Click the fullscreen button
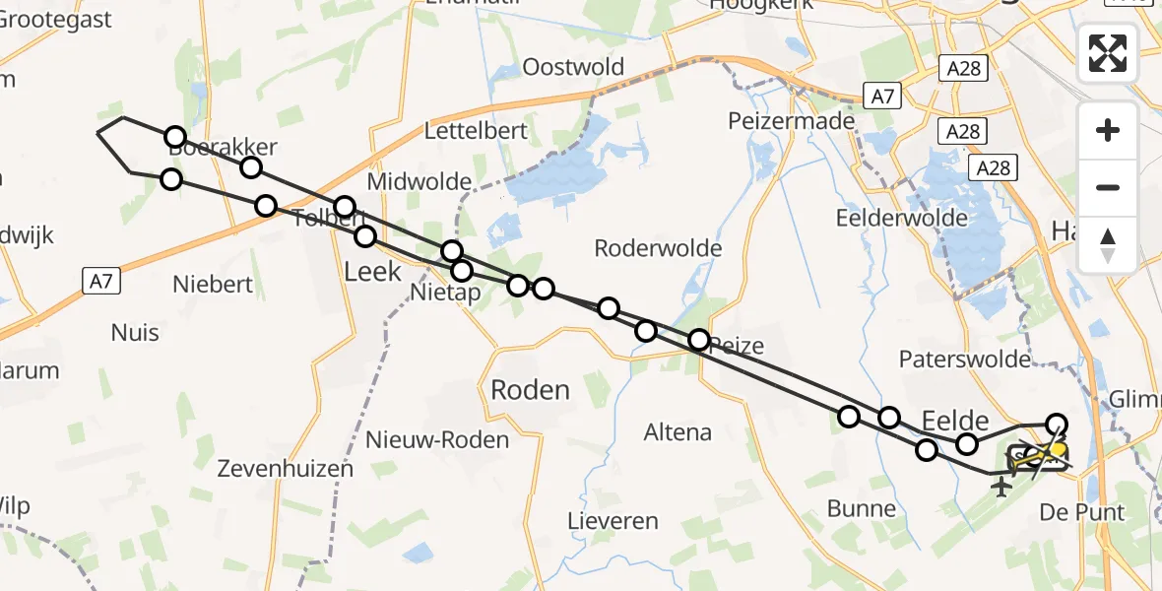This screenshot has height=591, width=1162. pyautogui.click(x=1108, y=52)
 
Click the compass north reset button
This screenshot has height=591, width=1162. pyautogui.click(x=1108, y=244)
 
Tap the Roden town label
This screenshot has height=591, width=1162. pyautogui.click(x=530, y=390)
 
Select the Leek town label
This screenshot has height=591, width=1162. pyautogui.click(x=372, y=271)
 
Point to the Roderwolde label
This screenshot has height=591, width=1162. pyautogui.click(x=658, y=248)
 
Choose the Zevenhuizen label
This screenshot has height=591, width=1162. pyautogui.click(x=286, y=468)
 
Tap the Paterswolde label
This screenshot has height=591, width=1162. pyautogui.click(x=965, y=360)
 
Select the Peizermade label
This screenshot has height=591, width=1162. pyautogui.click(x=777, y=120)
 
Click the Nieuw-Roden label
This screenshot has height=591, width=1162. pyautogui.click(x=437, y=439)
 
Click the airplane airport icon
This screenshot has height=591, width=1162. pyautogui.click(x=1002, y=487)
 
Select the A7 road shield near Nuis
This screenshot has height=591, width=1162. pyautogui.click(x=99, y=281)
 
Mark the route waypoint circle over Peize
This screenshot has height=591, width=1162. pyautogui.click(x=698, y=341)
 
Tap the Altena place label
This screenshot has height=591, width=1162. pyautogui.click(x=678, y=431)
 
